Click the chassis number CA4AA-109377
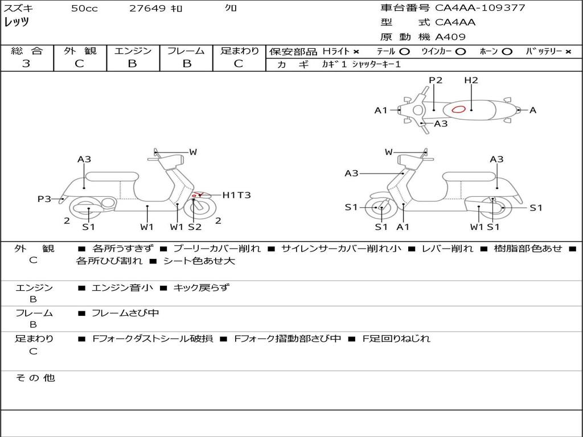[x=480, y=8]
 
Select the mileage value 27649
[x=147, y=9]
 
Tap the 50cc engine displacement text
[x=84, y=9]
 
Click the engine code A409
[x=450, y=37]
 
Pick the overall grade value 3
[x=26, y=63]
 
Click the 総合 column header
[x=26, y=51]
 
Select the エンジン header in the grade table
[x=133, y=51]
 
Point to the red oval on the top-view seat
[x=458, y=109]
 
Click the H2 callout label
[x=471, y=80]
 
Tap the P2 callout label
[x=436, y=80]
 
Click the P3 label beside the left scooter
[x=44, y=199]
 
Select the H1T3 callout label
[x=236, y=195]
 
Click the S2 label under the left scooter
[x=195, y=227]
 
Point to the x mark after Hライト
[x=356, y=51]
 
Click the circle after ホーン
[x=507, y=51]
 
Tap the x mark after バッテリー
[x=568, y=51]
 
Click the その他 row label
[x=35, y=378]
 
